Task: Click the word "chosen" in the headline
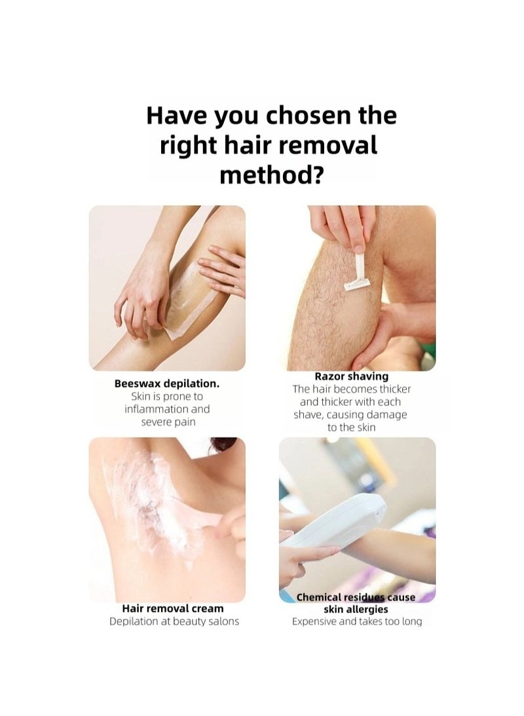[309, 115]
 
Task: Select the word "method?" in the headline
[271, 175]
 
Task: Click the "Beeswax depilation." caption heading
[167, 384]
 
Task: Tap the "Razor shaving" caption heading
[352, 376]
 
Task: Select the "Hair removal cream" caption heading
[173, 608]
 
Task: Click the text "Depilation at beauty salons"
[174, 622]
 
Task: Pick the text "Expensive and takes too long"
[357, 622]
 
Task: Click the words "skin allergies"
[356, 609]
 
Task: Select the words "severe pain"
[168, 422]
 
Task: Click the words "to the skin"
[352, 428]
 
